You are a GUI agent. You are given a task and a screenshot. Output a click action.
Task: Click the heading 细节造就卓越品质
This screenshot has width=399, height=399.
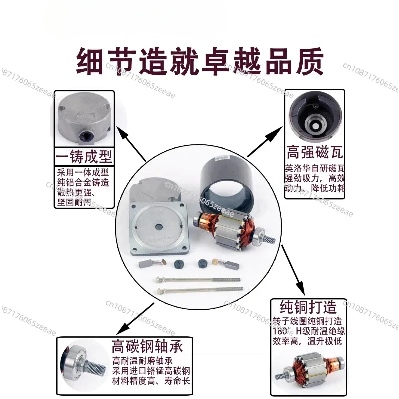pos(199,61)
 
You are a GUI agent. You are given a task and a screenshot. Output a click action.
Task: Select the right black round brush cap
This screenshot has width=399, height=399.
pos(201,264)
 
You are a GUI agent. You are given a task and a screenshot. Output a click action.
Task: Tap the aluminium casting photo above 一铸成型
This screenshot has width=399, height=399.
pos(83,120)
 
